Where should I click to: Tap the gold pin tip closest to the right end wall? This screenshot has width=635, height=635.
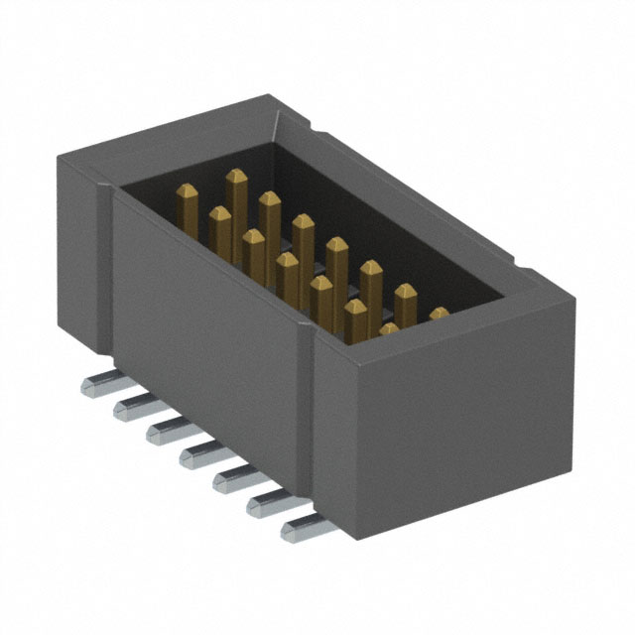tap(439, 315)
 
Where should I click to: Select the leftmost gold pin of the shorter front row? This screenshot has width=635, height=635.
tap(219, 223)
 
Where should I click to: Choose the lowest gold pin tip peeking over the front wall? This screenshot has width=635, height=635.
tap(388, 328)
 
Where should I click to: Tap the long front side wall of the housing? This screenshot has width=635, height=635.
tap(208, 317)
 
